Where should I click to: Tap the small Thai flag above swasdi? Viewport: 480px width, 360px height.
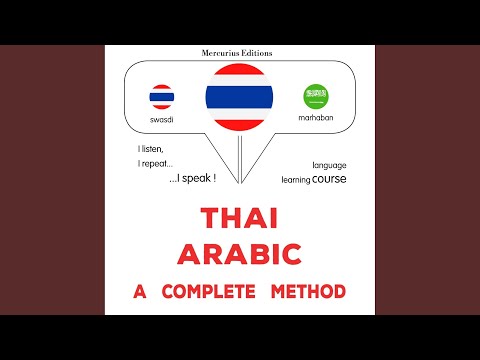click(161, 96)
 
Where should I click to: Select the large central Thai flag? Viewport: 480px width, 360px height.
click(240, 97)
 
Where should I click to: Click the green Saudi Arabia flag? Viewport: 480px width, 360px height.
click(316, 96)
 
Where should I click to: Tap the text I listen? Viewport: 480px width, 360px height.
click(152, 148)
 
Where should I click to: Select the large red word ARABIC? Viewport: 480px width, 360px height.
click(240, 255)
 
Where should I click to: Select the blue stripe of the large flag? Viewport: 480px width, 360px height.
click(240, 97)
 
